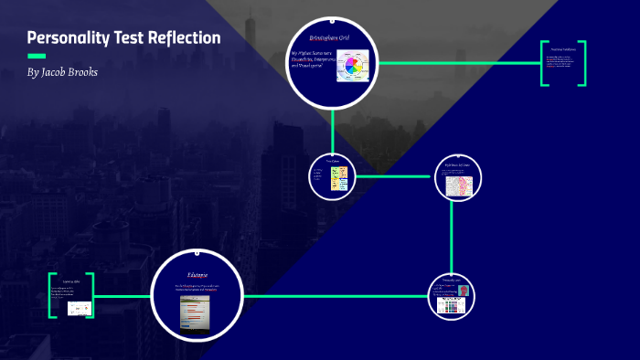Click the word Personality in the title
click(66, 38)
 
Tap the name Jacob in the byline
click(59, 71)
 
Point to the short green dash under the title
click(37, 56)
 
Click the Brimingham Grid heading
click(331, 37)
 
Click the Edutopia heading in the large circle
click(197, 274)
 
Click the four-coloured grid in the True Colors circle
click(339, 179)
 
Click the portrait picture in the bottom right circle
click(464, 291)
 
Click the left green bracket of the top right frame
click(543, 64)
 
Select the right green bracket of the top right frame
click(582, 64)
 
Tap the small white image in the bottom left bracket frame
click(80, 308)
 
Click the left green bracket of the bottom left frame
click(53, 295)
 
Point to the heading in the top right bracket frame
click(562, 48)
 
